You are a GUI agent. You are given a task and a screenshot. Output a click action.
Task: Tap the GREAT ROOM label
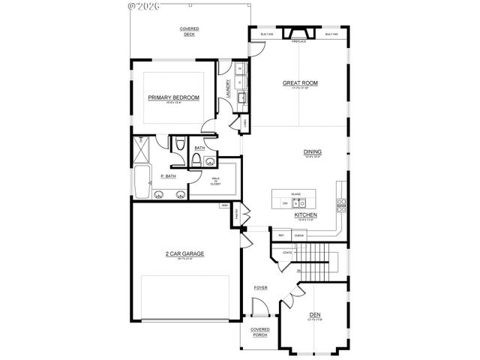coord(297,83)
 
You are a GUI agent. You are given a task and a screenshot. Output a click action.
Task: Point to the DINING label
coord(312,151)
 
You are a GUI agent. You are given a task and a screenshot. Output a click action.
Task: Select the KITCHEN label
coord(305,214)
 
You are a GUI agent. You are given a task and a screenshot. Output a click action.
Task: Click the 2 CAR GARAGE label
coord(184,253)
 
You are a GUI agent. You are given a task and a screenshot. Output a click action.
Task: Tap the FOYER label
coord(260,286)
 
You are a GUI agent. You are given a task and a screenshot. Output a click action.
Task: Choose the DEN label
coord(315,315)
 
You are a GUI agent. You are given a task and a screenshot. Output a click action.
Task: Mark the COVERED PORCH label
coord(259,331)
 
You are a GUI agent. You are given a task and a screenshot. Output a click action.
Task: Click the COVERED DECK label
coord(188,31)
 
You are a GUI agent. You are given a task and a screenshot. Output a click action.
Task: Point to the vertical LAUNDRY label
coord(227,90)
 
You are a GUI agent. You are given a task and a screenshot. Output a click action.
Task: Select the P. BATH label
coord(169,176)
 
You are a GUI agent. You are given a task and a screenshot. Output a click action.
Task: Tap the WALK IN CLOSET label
coord(216,180)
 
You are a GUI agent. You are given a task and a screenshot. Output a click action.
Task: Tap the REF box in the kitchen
coord(281,235)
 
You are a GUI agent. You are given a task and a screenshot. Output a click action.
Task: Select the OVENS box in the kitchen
coord(298,235)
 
